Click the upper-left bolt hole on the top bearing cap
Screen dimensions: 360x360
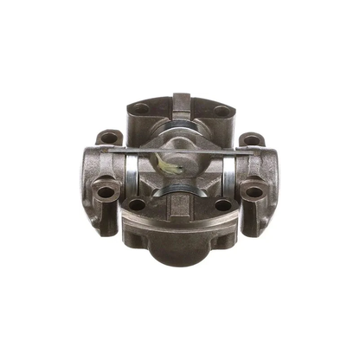(x=141, y=109)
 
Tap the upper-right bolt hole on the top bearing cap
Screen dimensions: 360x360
(x=222, y=110)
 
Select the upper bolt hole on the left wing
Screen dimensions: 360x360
(x=106, y=137)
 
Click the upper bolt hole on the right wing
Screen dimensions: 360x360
(x=250, y=138)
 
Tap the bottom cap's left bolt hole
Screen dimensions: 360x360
(x=137, y=204)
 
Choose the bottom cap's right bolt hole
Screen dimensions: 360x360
(x=223, y=205)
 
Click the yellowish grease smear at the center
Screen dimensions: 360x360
(x=168, y=159)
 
